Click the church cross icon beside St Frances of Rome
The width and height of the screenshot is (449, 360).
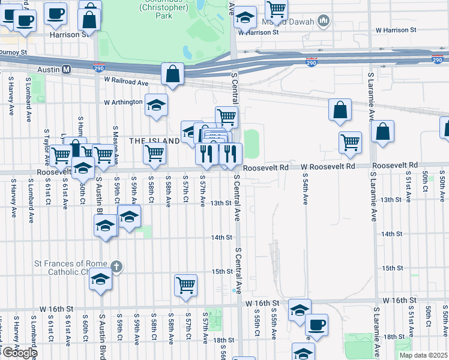(x=117, y=266)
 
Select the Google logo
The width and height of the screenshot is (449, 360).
(x=19, y=352)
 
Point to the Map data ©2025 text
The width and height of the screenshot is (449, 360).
(x=424, y=355)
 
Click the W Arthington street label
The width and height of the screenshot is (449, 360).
(x=122, y=102)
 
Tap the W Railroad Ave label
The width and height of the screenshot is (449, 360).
(x=125, y=80)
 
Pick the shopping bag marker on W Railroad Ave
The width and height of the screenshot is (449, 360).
(x=172, y=75)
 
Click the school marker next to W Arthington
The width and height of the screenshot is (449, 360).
(x=156, y=106)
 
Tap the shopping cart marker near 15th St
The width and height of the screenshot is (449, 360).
(x=186, y=285)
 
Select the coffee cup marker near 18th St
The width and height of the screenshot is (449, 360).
(x=316, y=325)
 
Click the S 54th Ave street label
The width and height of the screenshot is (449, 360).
(x=305, y=190)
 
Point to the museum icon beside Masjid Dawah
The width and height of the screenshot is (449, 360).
(x=324, y=22)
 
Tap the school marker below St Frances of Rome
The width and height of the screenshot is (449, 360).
(x=101, y=280)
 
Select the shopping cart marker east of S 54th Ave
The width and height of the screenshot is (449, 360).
(x=350, y=142)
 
